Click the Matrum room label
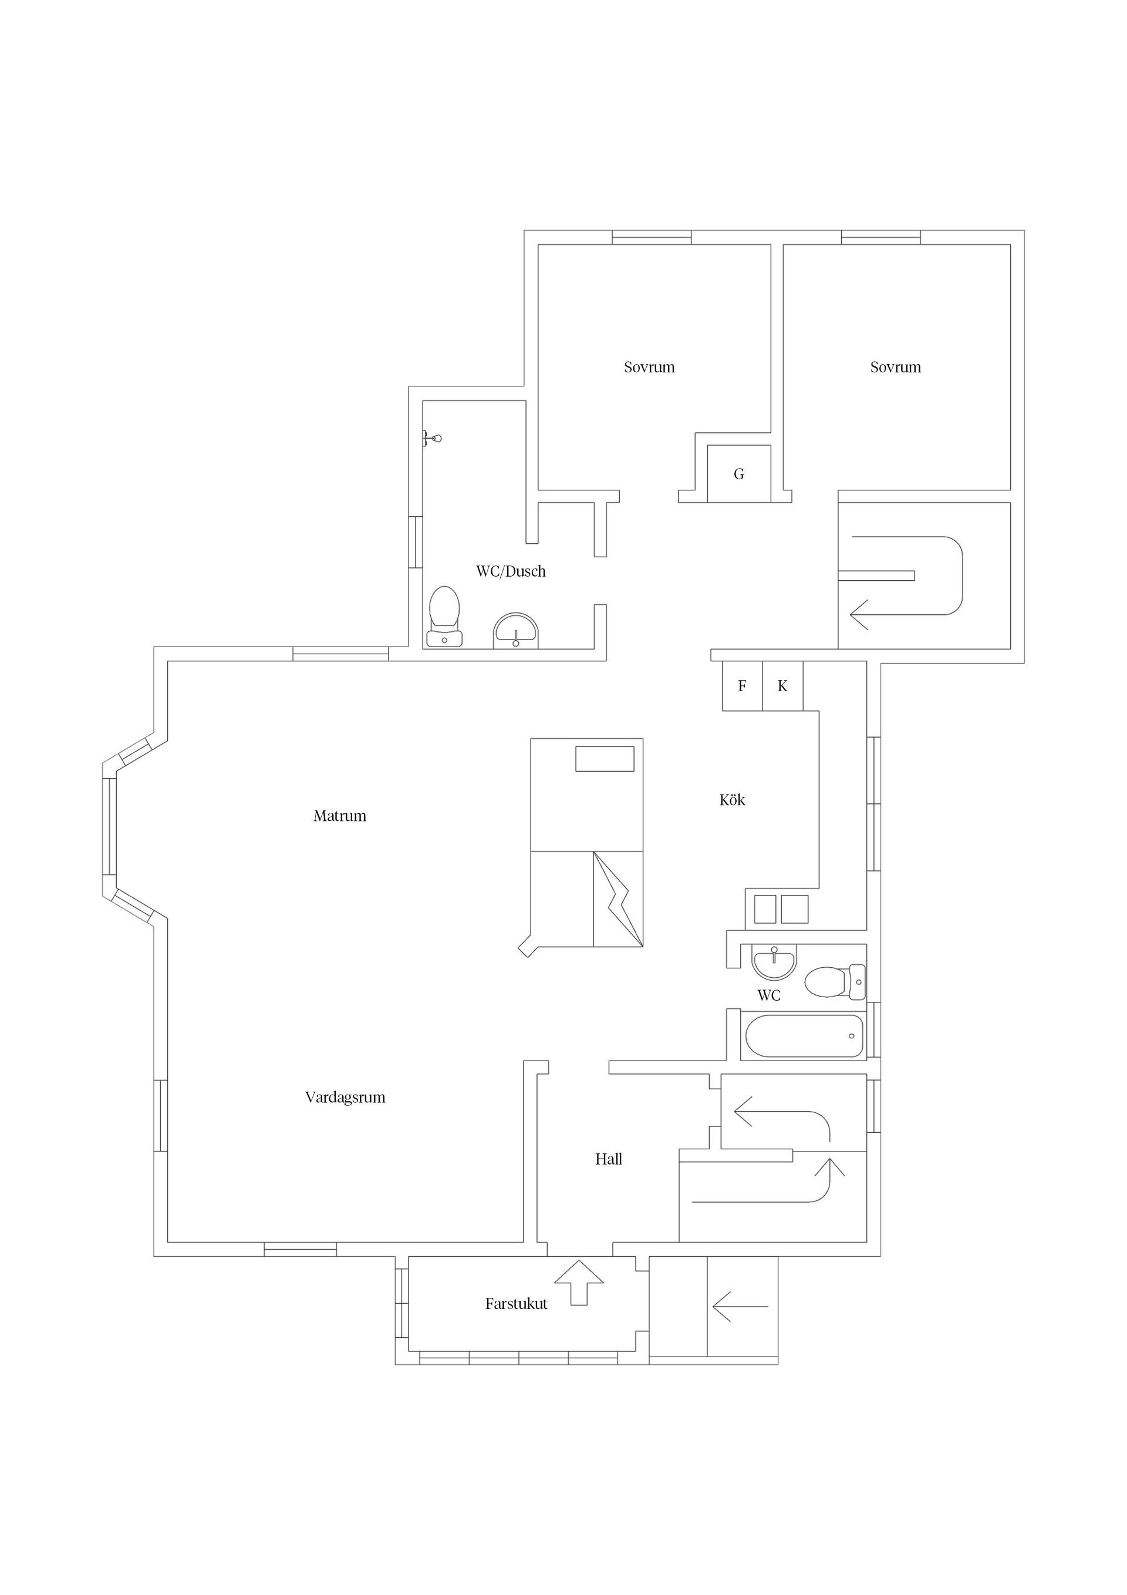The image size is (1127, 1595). (339, 816)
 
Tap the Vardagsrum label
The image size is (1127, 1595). (345, 1098)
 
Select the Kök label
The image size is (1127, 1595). (732, 800)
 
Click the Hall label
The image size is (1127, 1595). (608, 1159)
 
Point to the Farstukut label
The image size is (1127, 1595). (516, 1304)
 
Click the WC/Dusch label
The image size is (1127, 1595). (511, 572)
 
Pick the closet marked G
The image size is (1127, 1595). (739, 474)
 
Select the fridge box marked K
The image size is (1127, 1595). (782, 687)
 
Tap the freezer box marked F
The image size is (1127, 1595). (743, 687)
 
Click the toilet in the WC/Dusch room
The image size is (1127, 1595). (444, 617)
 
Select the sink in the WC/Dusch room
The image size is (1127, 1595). (516, 631)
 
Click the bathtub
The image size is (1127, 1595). (804, 1037)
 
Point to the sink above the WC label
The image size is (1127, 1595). (774, 962)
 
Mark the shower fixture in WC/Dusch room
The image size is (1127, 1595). (431, 438)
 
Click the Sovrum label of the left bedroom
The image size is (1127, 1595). (649, 368)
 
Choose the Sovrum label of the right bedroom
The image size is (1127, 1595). (896, 368)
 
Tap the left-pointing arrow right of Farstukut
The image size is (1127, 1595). (740, 1307)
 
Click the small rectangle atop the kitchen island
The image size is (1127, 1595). (605, 759)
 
